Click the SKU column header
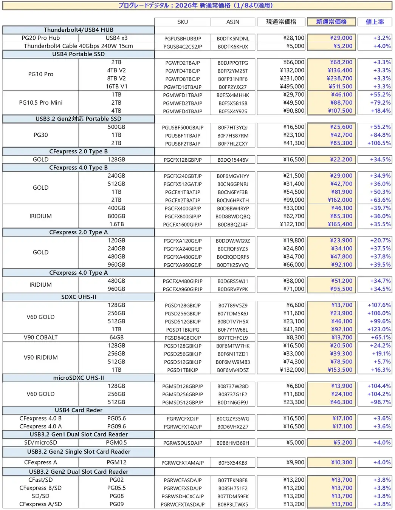(x=183, y=22)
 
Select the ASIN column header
(x=233, y=22)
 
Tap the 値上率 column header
(x=375, y=22)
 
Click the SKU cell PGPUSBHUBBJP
(x=183, y=39)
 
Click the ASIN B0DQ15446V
(x=233, y=160)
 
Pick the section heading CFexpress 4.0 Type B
(x=78, y=168)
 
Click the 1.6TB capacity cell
(x=116, y=224)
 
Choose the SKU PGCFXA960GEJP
(x=183, y=265)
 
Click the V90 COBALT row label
(x=40, y=337)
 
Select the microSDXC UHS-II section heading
(x=78, y=378)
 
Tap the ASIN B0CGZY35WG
(x=233, y=419)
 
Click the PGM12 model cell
(x=116, y=462)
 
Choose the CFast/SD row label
(x=40, y=480)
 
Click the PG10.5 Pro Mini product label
(x=40, y=103)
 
